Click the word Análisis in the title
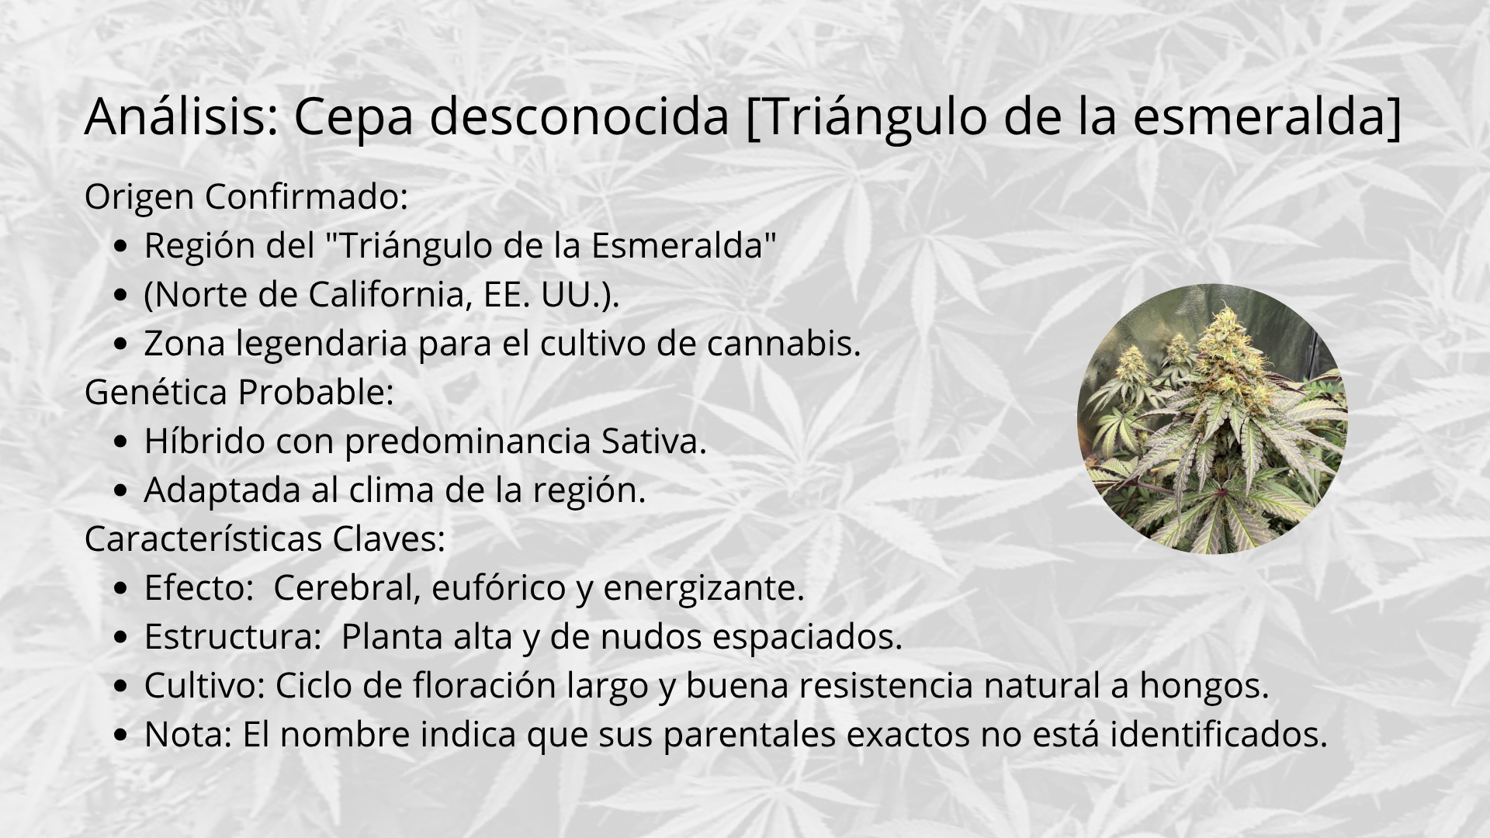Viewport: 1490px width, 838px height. (x=182, y=116)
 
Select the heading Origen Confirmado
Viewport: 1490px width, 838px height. (x=246, y=197)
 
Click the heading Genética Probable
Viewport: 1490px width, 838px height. (x=239, y=392)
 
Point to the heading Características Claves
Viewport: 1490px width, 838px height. (x=265, y=538)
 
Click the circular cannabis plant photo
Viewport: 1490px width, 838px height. (x=1212, y=419)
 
